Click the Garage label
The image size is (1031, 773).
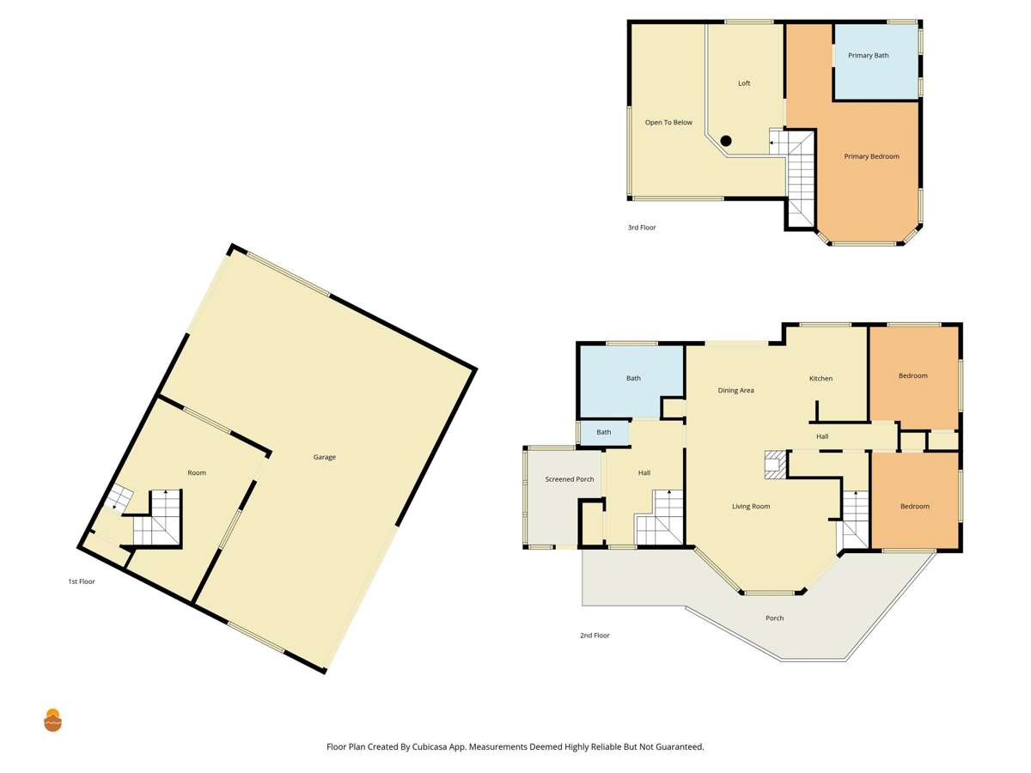tap(324, 457)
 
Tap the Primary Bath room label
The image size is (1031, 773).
tap(868, 56)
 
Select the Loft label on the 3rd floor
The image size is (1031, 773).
tap(744, 83)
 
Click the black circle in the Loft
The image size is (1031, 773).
tap(726, 141)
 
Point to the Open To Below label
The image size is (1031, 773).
tap(668, 123)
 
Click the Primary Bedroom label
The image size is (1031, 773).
tap(871, 156)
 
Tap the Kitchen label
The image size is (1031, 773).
tap(821, 379)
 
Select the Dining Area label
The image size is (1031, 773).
tap(735, 391)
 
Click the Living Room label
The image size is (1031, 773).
tap(750, 507)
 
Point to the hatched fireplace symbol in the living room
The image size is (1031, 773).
tap(775, 464)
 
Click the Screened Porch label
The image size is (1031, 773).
tap(570, 479)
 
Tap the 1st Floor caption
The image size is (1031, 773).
tap(82, 581)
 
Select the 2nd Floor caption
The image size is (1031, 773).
tap(595, 636)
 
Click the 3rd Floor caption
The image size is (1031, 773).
tap(642, 228)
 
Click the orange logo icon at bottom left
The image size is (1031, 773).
tap(53, 720)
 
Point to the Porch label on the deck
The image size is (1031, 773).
tap(774, 618)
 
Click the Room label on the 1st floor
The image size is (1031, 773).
tap(197, 473)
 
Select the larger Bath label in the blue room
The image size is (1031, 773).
tap(633, 379)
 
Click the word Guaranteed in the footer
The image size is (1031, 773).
tap(680, 747)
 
